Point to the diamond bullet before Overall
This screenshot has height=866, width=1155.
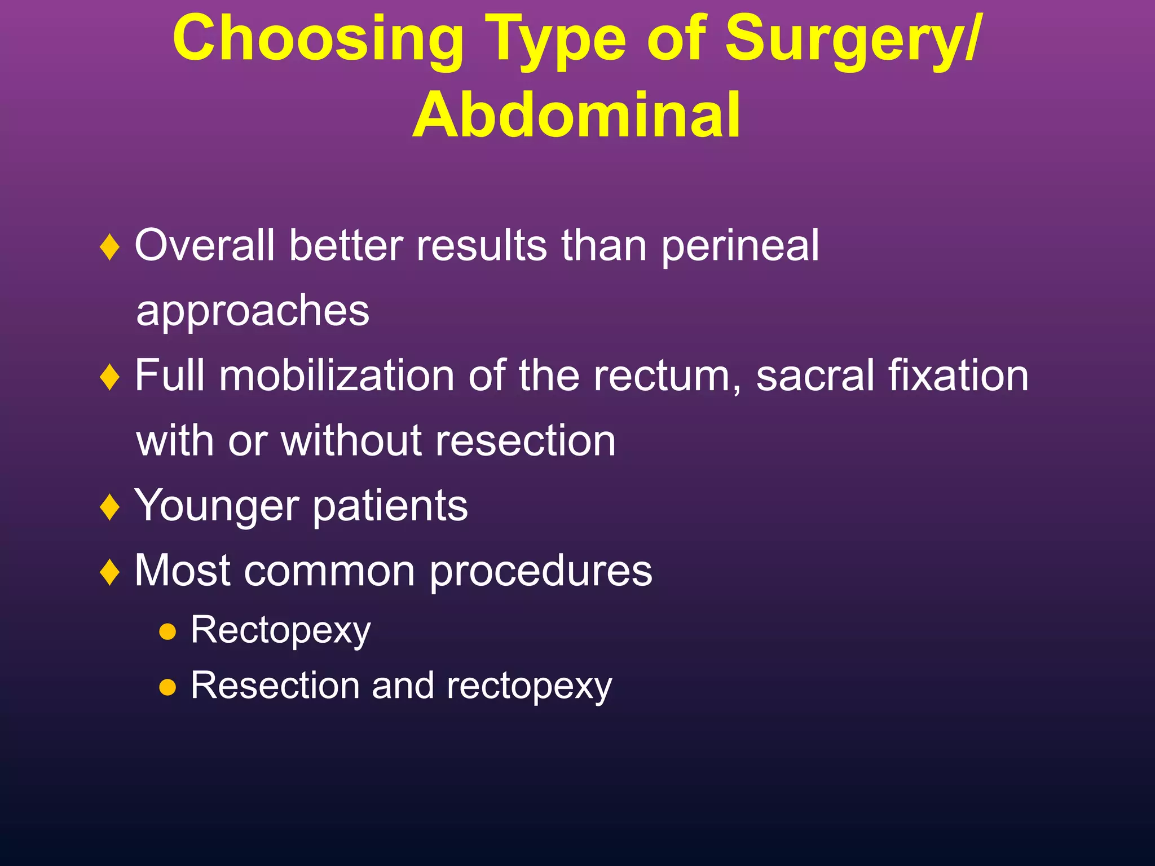109,247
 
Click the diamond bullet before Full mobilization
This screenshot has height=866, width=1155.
109,377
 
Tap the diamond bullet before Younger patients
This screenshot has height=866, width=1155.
109,506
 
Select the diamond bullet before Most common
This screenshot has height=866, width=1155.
109,572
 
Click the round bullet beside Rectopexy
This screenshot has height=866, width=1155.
167,632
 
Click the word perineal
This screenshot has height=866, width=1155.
740,246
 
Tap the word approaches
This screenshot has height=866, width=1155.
253,311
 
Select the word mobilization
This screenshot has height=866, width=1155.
336,376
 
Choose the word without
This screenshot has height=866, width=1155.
351,441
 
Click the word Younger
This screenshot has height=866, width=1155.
217,506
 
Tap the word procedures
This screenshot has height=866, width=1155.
540,572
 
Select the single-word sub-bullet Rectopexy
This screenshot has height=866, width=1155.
280,631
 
